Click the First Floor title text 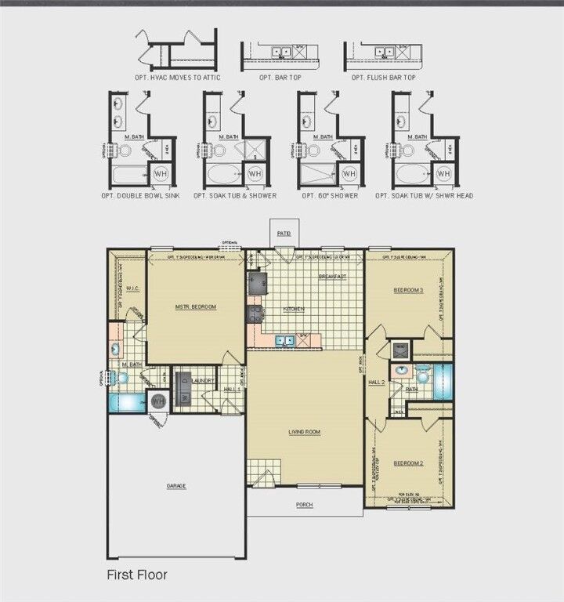click(x=137, y=575)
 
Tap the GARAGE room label click(x=176, y=486)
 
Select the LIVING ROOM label click(x=305, y=432)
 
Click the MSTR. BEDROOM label click(x=196, y=306)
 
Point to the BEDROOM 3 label click(x=408, y=291)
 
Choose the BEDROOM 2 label click(x=408, y=463)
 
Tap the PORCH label click(x=305, y=505)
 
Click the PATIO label click(x=283, y=233)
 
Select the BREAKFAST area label click(x=333, y=277)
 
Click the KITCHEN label click(x=294, y=310)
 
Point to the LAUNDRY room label click(x=204, y=380)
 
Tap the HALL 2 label click(x=377, y=382)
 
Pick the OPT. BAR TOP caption click(x=281, y=78)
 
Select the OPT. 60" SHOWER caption click(x=330, y=195)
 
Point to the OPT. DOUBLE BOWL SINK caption click(x=141, y=195)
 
